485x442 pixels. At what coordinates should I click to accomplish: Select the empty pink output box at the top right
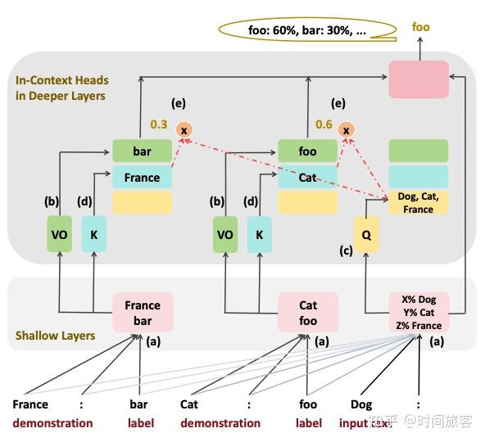point(419,79)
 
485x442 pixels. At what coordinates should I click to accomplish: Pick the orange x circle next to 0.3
point(184,130)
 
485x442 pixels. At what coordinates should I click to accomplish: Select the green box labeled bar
point(143,151)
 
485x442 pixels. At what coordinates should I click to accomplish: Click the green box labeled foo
point(307,151)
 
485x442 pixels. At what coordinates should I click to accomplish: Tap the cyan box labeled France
point(143,177)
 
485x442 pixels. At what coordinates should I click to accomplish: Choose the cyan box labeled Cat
point(307,177)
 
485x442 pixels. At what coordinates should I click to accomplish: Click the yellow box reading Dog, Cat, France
point(418,203)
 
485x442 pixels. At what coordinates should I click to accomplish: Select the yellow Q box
point(366,234)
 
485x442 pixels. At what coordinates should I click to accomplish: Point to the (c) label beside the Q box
point(345,250)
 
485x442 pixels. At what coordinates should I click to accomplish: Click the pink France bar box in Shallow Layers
point(143,313)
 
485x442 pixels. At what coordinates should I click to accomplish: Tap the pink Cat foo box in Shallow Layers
point(307,313)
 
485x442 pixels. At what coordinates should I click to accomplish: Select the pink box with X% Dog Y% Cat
point(419,313)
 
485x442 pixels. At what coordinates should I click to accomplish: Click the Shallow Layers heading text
point(55,336)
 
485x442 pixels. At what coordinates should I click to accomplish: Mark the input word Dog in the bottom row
point(361,404)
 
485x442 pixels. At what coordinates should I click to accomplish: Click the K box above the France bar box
point(93,234)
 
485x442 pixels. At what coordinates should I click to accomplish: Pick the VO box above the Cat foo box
point(224,234)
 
